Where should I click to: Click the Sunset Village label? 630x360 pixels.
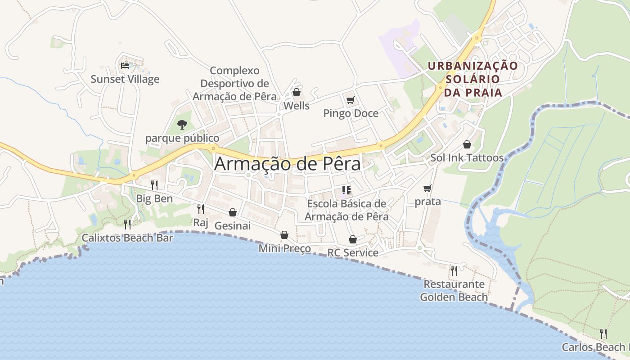(x=125, y=79)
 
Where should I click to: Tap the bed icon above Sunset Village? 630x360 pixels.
(x=125, y=66)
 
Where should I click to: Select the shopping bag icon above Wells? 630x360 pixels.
(x=297, y=93)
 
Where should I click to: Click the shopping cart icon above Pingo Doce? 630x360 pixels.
(x=350, y=100)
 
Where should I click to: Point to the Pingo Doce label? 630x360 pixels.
(x=351, y=113)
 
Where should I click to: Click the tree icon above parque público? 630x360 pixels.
(x=182, y=124)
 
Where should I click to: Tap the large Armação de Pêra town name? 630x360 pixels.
(x=287, y=164)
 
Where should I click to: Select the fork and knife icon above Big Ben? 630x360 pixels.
(x=154, y=185)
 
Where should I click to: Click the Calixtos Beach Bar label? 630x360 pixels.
(x=127, y=238)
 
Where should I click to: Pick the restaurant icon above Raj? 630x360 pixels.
(x=200, y=209)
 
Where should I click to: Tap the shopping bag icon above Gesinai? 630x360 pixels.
(x=233, y=212)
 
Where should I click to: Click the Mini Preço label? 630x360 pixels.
(x=284, y=248)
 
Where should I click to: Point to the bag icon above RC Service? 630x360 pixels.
(x=353, y=239)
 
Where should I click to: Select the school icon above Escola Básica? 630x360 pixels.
(x=346, y=190)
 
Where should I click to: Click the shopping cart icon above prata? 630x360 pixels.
(x=427, y=188)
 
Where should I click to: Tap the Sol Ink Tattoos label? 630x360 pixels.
(x=467, y=158)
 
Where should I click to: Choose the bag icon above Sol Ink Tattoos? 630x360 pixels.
(x=467, y=144)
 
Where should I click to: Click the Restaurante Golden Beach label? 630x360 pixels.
(x=454, y=291)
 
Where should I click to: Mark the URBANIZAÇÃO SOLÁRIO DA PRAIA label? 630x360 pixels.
(x=472, y=79)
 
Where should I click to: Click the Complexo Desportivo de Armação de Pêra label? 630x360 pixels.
(x=234, y=84)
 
